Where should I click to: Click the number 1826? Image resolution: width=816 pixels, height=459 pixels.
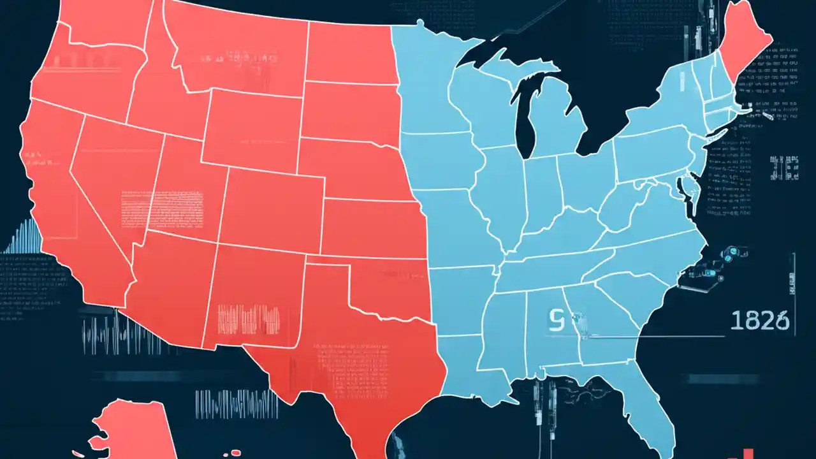[759, 321]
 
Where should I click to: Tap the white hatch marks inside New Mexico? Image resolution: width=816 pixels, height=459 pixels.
[249, 319]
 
